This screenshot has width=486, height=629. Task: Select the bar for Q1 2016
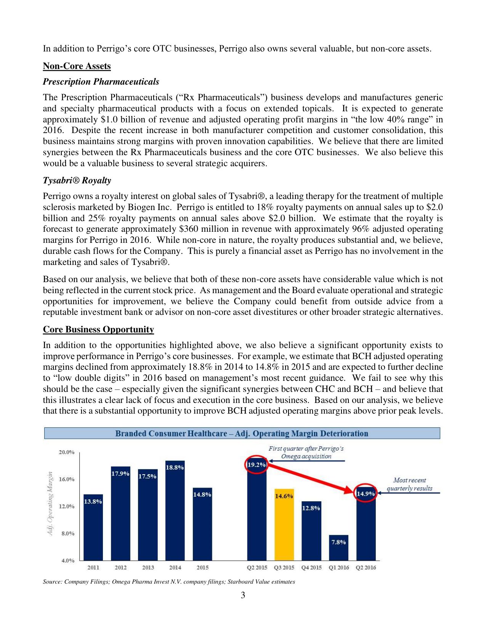[x=338, y=549]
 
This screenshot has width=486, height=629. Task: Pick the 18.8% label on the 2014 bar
[x=175, y=467]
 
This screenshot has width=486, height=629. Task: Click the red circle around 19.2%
[x=257, y=465]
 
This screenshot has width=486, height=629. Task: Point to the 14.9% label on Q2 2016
[x=366, y=494]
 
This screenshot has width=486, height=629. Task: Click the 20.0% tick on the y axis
[x=66, y=452]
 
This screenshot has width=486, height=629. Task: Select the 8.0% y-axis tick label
[x=68, y=533]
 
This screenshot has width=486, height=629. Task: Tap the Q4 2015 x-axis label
[x=311, y=568]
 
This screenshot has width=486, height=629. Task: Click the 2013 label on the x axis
[x=148, y=568]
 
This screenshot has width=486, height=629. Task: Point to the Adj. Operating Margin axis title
[x=50, y=503]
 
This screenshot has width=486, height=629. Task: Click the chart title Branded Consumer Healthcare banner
[x=242, y=433]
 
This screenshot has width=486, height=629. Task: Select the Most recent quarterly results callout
[x=409, y=484]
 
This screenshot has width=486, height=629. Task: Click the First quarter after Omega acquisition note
[x=306, y=452]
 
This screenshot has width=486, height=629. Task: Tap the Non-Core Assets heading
[x=77, y=66]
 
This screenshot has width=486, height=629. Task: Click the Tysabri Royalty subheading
[x=77, y=180]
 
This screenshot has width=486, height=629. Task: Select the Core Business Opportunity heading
[x=98, y=329]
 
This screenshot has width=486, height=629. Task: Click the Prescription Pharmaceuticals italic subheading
[x=101, y=82]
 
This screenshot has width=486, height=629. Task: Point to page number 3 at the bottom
[x=243, y=595]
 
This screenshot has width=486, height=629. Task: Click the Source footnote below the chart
[x=168, y=582]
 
